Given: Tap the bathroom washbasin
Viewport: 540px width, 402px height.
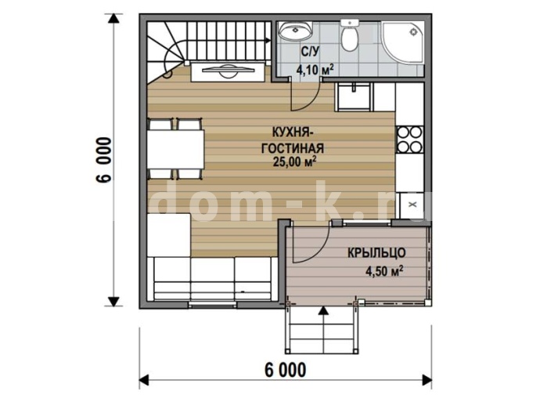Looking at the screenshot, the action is click(x=296, y=31).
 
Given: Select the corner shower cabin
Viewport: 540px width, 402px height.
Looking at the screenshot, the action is click(x=402, y=42).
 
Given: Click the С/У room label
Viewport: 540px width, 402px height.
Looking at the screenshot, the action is click(x=310, y=52).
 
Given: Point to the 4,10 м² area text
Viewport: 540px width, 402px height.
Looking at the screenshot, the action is click(x=315, y=69).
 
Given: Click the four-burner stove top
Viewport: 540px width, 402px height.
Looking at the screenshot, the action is click(x=409, y=139).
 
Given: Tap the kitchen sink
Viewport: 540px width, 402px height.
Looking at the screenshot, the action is click(x=354, y=97).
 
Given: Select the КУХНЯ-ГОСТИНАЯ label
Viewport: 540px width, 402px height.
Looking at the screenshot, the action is click(x=293, y=140).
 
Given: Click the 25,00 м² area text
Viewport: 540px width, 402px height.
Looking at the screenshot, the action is click(x=294, y=161).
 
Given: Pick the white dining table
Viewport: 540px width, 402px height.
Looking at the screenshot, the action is click(x=175, y=149).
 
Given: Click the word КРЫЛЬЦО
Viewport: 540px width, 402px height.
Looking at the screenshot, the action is click(x=376, y=252).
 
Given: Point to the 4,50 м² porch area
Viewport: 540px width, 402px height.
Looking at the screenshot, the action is click(x=384, y=271).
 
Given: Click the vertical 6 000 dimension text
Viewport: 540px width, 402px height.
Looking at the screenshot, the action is click(x=104, y=159).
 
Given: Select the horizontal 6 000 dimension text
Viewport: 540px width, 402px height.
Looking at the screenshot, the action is click(x=285, y=371).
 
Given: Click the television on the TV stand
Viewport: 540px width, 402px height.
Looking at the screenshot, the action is click(x=228, y=70).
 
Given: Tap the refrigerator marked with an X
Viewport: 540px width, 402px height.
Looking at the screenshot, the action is click(x=412, y=205).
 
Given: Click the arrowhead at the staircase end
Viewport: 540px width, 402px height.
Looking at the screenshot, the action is click(x=268, y=40).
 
